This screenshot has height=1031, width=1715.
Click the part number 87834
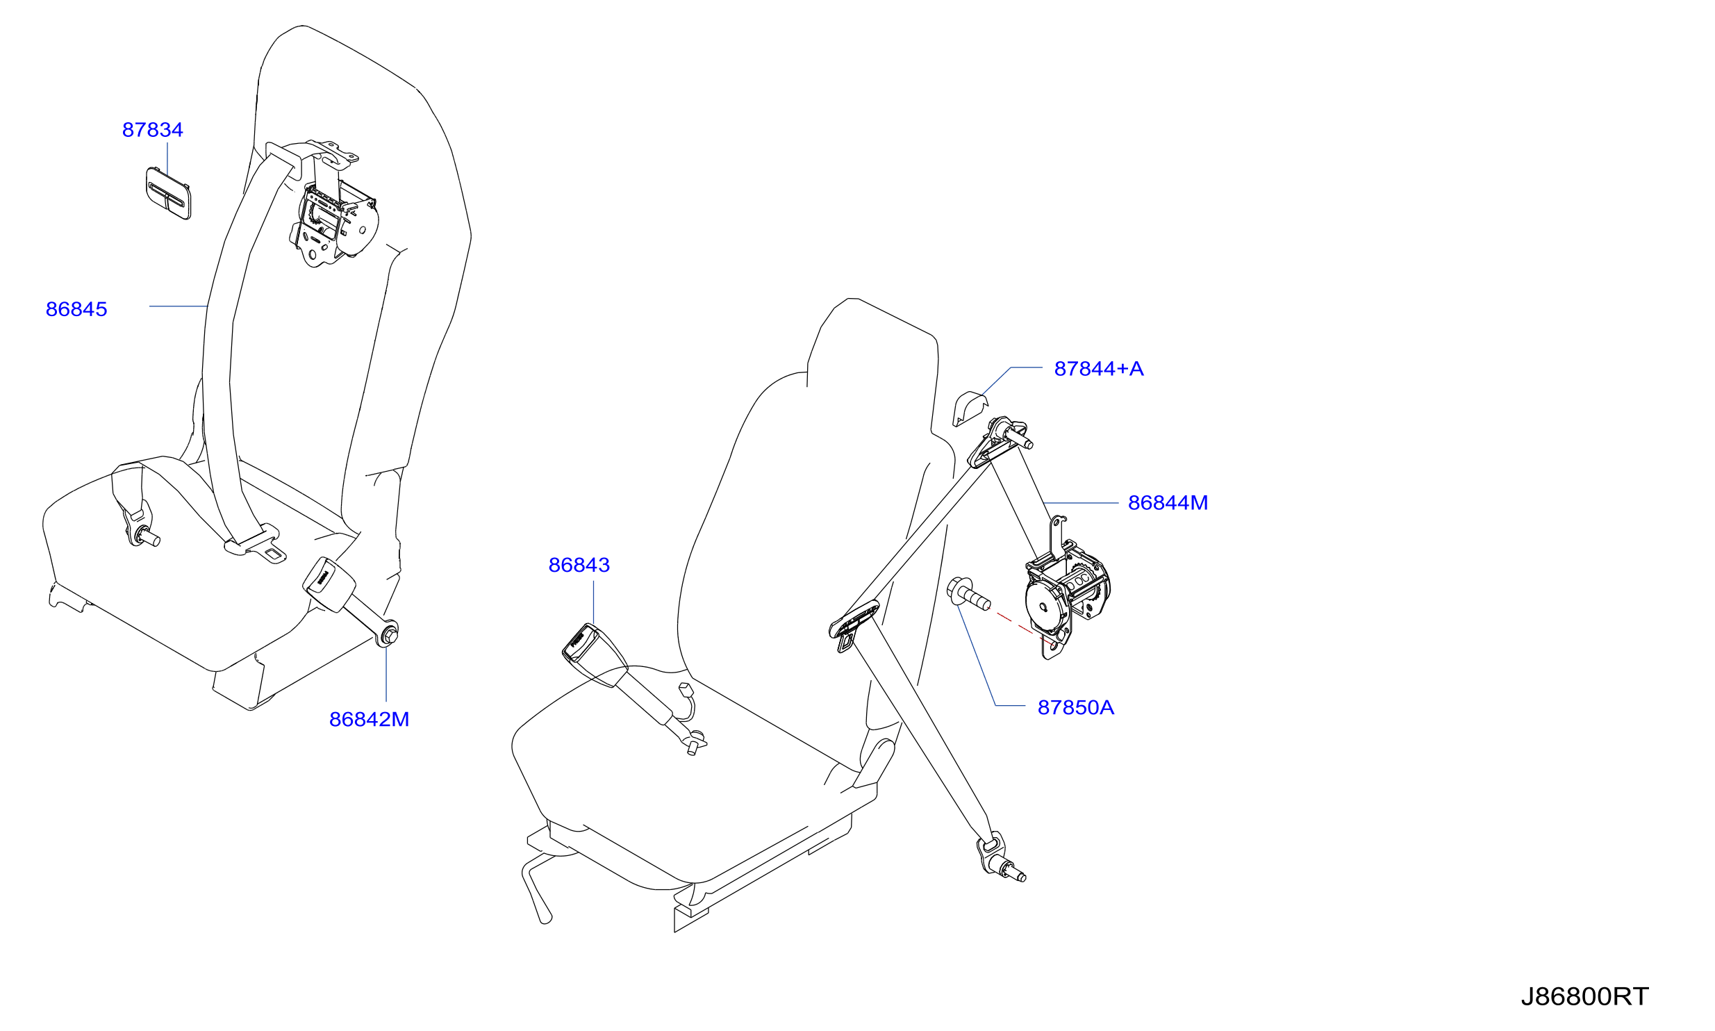click(x=153, y=130)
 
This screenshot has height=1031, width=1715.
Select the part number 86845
click(x=76, y=309)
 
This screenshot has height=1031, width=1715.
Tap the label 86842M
click(x=369, y=719)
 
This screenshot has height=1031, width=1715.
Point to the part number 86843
click(x=579, y=565)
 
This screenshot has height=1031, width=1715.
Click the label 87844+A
click(x=1099, y=368)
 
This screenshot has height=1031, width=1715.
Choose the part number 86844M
click(x=1168, y=502)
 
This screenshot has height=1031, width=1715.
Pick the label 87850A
click(x=1076, y=707)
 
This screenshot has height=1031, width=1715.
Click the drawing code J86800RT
click(x=1584, y=996)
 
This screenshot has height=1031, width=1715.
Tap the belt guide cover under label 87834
click(x=168, y=192)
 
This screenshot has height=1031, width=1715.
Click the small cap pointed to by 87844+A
click(x=969, y=409)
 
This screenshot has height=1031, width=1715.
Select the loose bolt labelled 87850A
click(x=968, y=594)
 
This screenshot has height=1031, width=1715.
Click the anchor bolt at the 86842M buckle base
click(x=389, y=634)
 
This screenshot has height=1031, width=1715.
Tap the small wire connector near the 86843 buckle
click(x=685, y=689)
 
